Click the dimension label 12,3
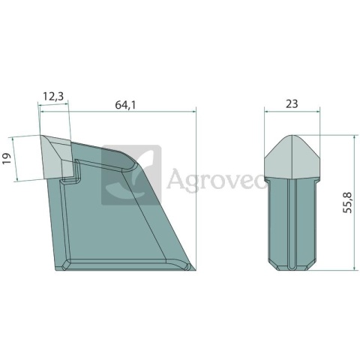click(53, 96)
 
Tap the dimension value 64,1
click(125, 105)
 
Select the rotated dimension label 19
click(7, 159)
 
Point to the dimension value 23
click(292, 104)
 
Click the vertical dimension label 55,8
click(347, 202)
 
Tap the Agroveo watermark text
click(216, 178)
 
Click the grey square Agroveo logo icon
click(131, 175)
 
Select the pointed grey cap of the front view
click(292, 157)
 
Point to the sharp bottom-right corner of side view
click(196, 270)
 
